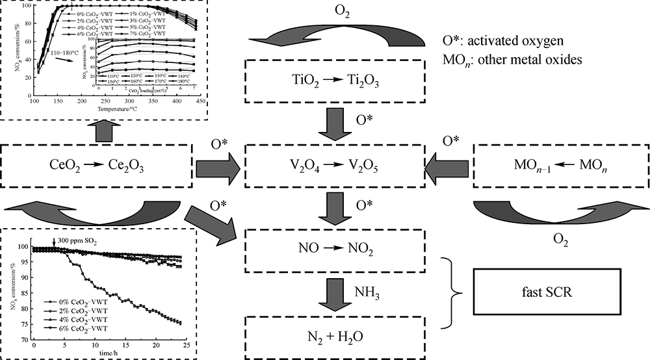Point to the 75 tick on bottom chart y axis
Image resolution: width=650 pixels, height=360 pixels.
pos(25,322)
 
